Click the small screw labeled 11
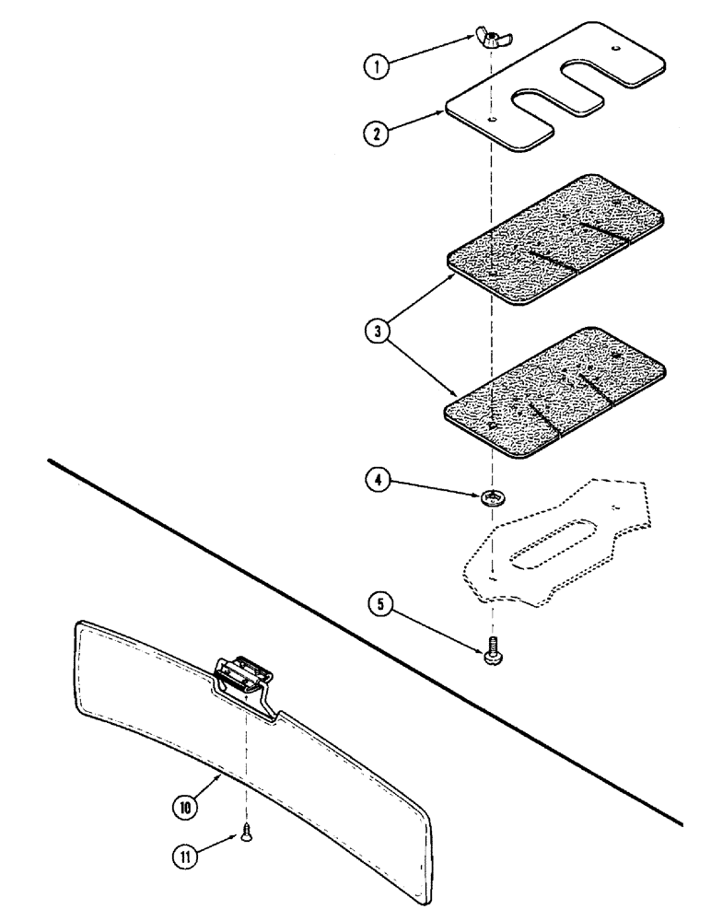tap(246, 834)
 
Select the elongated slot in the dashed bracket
tap(551, 542)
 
